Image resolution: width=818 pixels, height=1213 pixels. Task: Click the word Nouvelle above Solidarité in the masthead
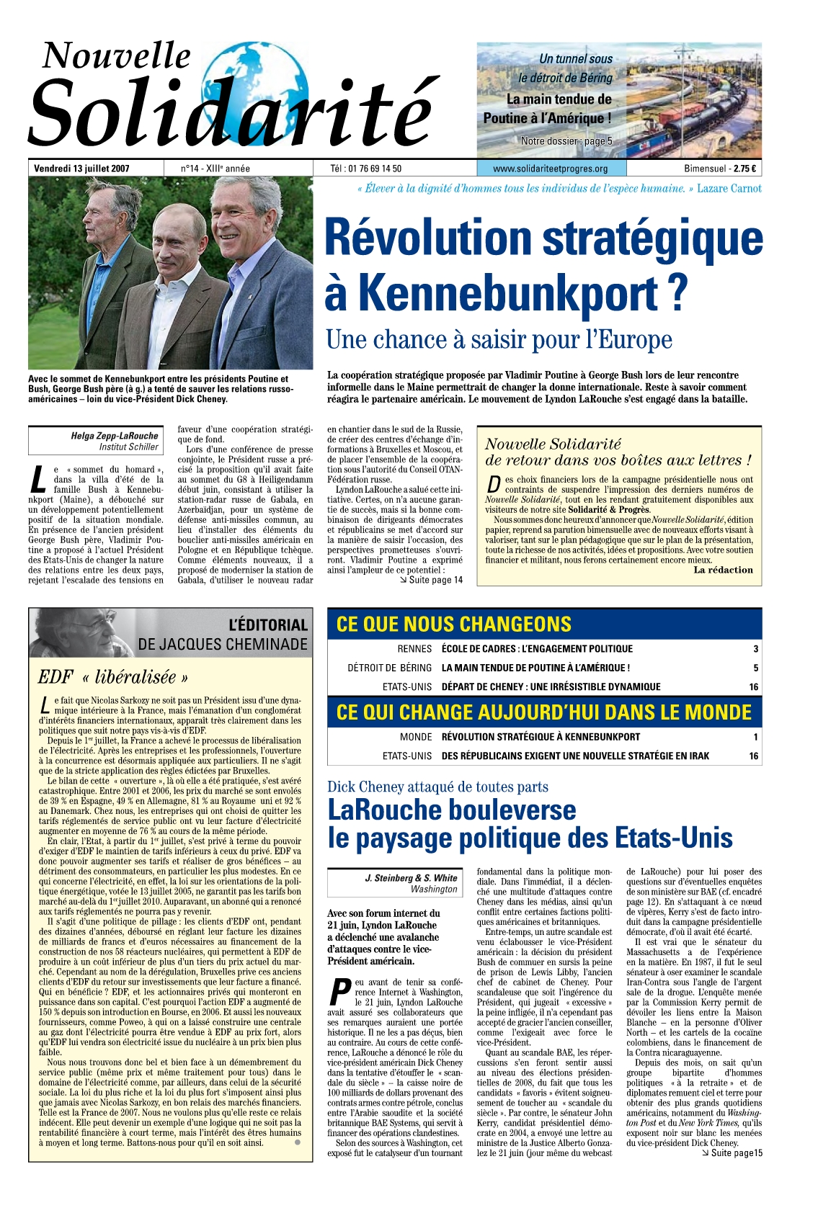point(117,55)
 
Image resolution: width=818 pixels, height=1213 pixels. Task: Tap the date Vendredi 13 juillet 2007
point(81,169)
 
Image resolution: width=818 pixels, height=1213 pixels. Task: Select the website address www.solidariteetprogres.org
point(550,169)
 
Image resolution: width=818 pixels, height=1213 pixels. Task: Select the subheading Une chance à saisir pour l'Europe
point(499,339)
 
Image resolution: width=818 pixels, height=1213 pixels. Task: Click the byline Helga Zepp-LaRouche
point(114,436)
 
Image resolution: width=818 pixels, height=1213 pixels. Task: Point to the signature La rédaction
point(723,570)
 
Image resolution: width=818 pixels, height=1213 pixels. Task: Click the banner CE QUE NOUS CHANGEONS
point(454,624)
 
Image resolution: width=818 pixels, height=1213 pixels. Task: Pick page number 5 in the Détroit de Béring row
point(755,668)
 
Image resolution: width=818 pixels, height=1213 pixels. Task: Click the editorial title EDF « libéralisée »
point(113,677)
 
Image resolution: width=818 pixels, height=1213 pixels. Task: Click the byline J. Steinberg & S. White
point(411,878)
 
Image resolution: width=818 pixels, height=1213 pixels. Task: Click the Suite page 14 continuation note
point(431,580)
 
